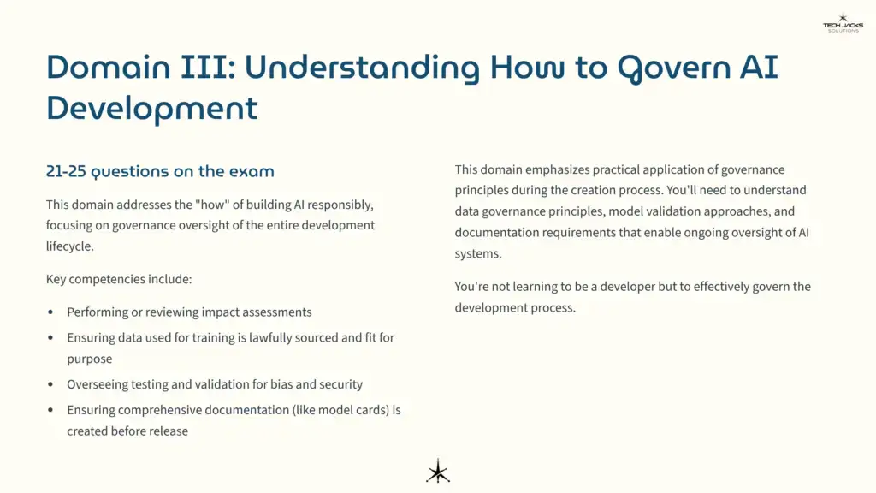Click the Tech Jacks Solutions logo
pos(843,23)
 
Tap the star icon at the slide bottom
pos(438,471)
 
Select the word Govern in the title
pos(670,67)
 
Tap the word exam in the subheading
pos(252,171)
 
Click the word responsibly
pos(339,205)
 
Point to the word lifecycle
pos(70,246)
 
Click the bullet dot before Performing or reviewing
pos(50,312)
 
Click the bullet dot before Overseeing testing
pos(50,385)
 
